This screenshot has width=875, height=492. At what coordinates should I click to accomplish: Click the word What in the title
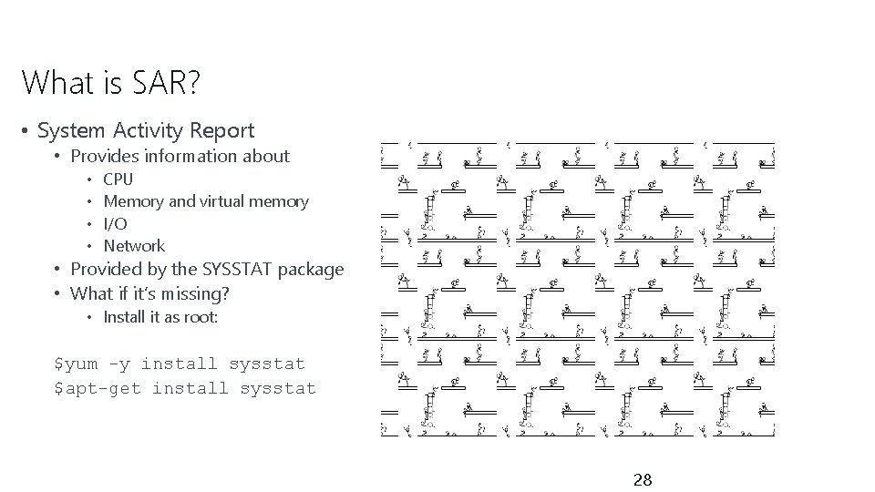point(57,83)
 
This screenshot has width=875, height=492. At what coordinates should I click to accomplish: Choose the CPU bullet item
point(118,179)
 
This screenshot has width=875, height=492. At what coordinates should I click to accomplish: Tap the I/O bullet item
point(115,223)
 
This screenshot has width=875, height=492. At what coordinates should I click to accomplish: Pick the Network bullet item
point(134,246)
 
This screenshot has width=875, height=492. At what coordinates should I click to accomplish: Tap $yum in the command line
point(77,364)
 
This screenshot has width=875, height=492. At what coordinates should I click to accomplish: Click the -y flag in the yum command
point(119,364)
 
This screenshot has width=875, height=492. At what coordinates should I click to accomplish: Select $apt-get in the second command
point(98,388)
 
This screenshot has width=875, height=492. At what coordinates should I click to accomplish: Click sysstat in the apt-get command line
point(278,388)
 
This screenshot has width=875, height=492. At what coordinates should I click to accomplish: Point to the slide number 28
point(643,480)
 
